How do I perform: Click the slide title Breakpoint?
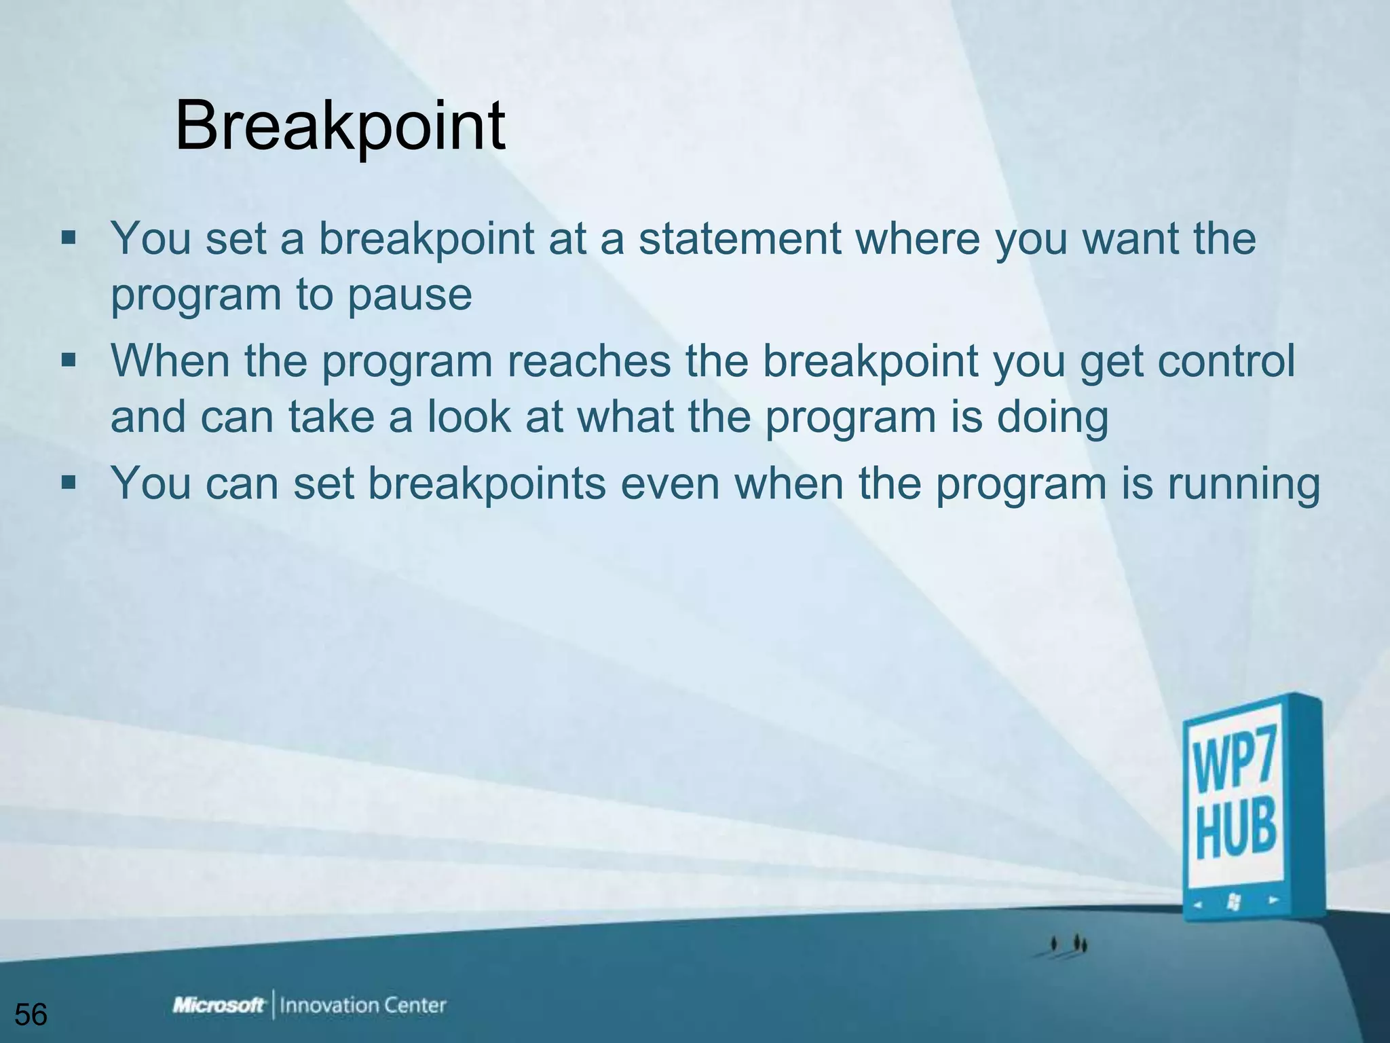click(x=339, y=126)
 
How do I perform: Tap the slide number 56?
click(x=31, y=1015)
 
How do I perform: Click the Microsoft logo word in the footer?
click(x=219, y=1005)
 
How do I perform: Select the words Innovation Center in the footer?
click(x=363, y=1005)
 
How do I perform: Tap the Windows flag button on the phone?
click(x=1235, y=902)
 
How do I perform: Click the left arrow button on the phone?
click(x=1199, y=904)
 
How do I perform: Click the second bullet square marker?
click(x=68, y=360)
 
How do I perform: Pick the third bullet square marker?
click(x=68, y=483)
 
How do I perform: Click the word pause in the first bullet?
click(x=409, y=295)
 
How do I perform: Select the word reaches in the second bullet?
click(x=588, y=361)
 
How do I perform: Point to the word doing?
click(x=1052, y=417)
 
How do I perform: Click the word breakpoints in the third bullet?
click(x=487, y=483)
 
